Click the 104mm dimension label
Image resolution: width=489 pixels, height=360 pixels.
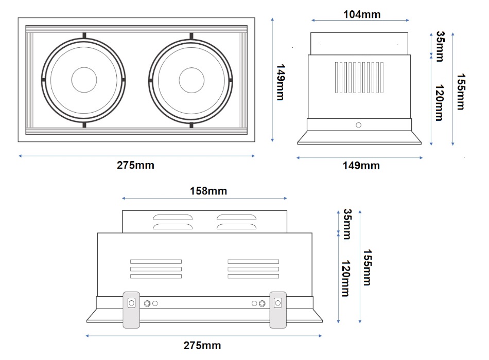pyautogui.click(x=362, y=14)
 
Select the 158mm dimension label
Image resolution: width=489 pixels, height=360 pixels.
pyautogui.click(x=208, y=191)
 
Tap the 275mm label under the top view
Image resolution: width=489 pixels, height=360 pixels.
pyautogui.click(x=135, y=165)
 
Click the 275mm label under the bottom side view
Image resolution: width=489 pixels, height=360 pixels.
pyautogui.click(x=202, y=346)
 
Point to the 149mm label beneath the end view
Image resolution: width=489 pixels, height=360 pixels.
pyautogui.click(x=361, y=165)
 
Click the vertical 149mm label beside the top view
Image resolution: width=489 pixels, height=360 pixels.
pyautogui.click(x=281, y=82)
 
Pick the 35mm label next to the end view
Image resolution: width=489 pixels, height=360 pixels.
pyautogui.click(x=440, y=46)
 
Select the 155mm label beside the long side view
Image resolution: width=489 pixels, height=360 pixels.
pyautogui.click(x=367, y=267)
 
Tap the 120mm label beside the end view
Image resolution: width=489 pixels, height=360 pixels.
pyautogui.click(x=440, y=102)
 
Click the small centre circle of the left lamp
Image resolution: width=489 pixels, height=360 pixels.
pyautogui.click(x=84, y=80)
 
